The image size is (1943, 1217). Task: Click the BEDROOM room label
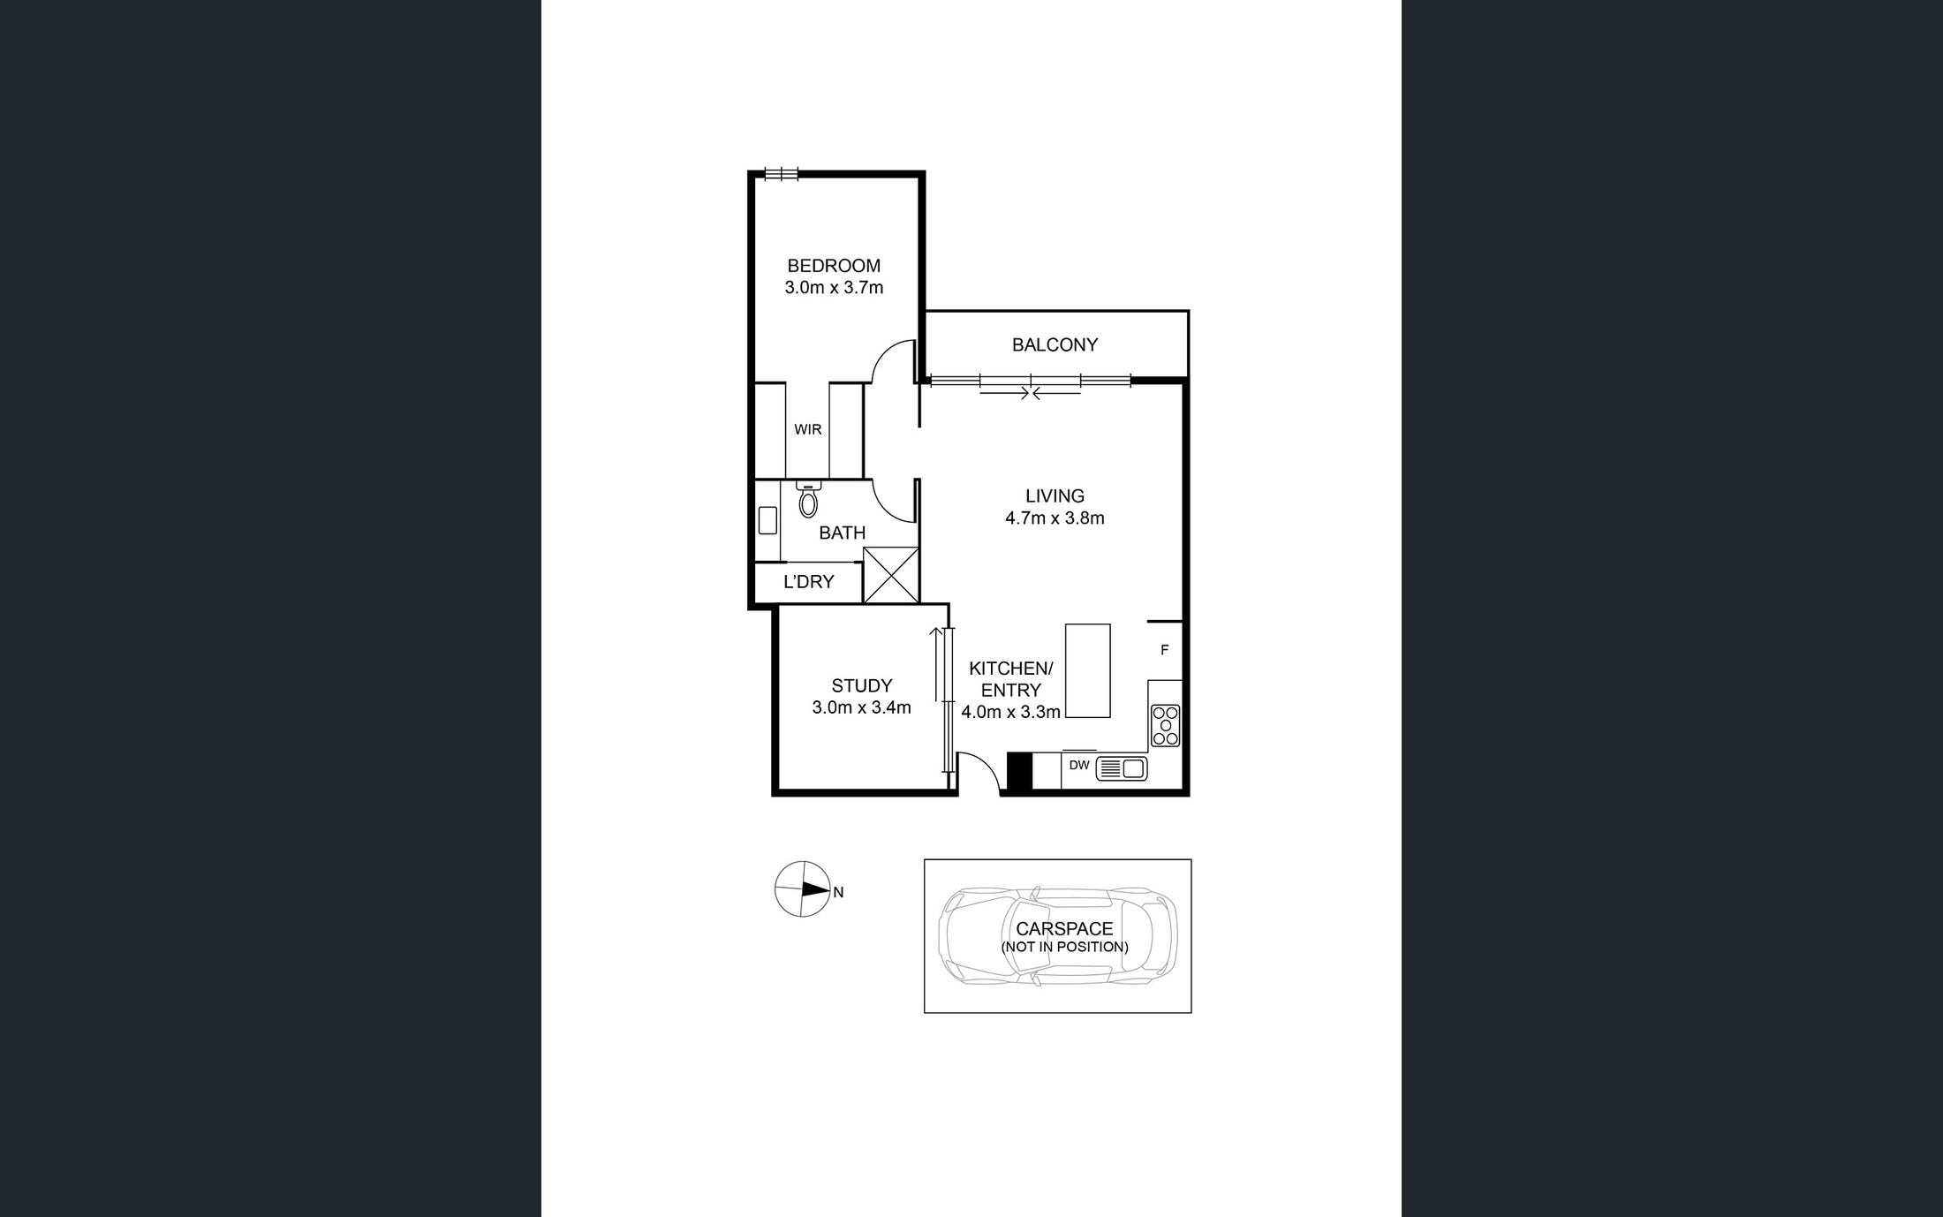pyautogui.click(x=834, y=266)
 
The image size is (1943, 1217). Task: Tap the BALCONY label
pyautogui.click(x=1055, y=345)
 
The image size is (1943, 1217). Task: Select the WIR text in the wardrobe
pyautogui.click(x=807, y=430)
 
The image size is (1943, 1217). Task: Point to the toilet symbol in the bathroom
pyautogui.click(x=808, y=500)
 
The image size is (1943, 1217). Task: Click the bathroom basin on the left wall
pyautogui.click(x=767, y=519)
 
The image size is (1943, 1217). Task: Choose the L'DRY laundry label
pyautogui.click(x=808, y=582)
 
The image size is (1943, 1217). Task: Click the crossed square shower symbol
pyautogui.click(x=891, y=575)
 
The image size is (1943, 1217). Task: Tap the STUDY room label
pyautogui.click(x=861, y=686)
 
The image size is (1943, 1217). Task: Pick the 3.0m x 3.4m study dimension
pyautogui.click(x=861, y=707)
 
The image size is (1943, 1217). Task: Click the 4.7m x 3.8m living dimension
pyautogui.click(x=1055, y=518)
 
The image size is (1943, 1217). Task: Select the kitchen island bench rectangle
pyautogui.click(x=1088, y=670)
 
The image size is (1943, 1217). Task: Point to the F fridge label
pyautogui.click(x=1164, y=650)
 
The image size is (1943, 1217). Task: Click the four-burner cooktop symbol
pyautogui.click(x=1165, y=725)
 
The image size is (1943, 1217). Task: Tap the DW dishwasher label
pyautogui.click(x=1079, y=766)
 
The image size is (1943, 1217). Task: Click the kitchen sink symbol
pyautogui.click(x=1122, y=768)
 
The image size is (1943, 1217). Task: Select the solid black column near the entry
pyautogui.click(x=1019, y=770)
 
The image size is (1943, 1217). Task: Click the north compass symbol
pyautogui.click(x=803, y=889)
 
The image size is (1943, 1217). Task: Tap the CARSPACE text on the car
pyautogui.click(x=1063, y=929)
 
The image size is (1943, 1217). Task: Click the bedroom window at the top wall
pyautogui.click(x=782, y=174)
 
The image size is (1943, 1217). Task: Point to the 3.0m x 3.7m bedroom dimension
pyautogui.click(x=834, y=288)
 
